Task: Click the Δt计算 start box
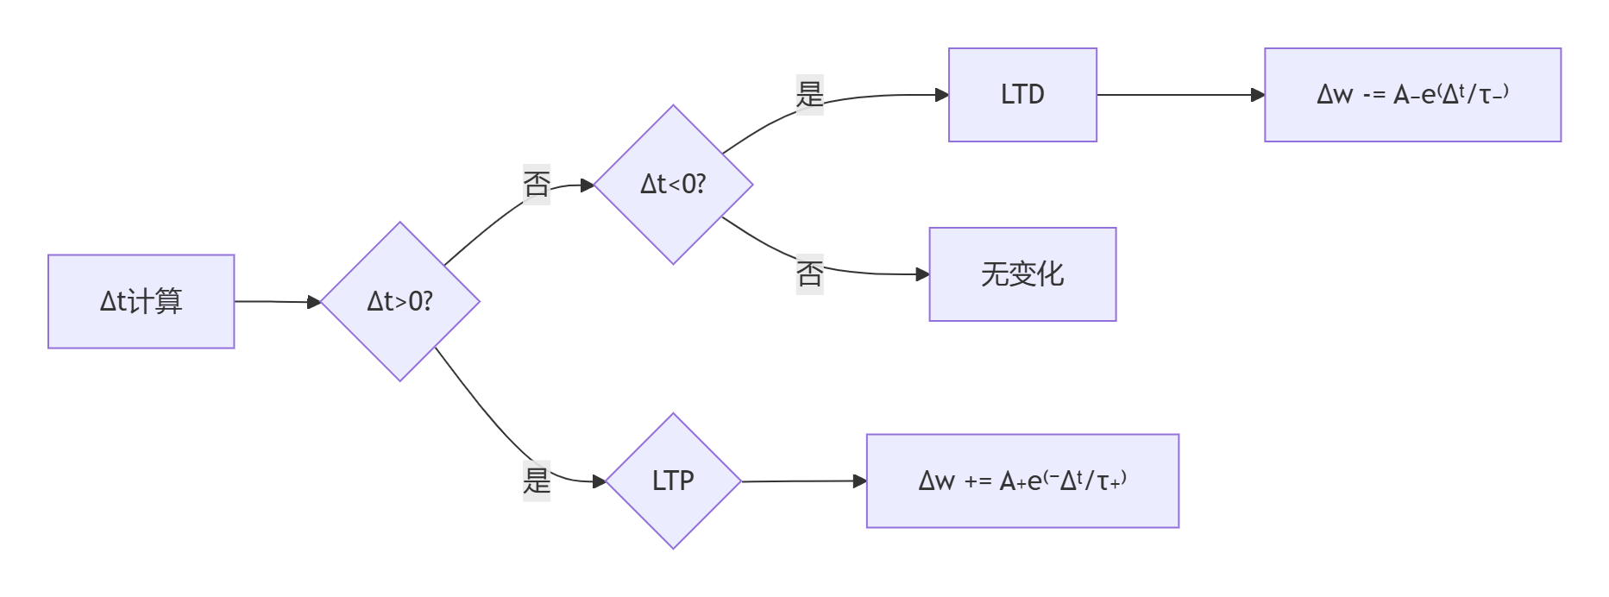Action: click(141, 301)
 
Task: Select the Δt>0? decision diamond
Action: click(399, 301)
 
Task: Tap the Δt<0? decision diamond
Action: click(673, 184)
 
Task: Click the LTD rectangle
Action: click(1022, 94)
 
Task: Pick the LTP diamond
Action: click(673, 481)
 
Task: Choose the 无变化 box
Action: click(1022, 274)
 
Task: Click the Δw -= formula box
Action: click(1412, 94)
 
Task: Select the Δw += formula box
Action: click(1022, 481)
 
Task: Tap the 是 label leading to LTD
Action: click(809, 94)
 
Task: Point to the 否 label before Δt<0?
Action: click(536, 184)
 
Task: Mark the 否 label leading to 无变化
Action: click(809, 274)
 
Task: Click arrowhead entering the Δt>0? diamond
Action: click(314, 302)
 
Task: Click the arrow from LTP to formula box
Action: click(802, 481)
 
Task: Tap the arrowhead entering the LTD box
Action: click(942, 95)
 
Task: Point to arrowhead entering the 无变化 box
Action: click(922, 274)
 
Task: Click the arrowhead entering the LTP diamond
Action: click(600, 481)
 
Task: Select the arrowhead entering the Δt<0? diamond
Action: click(588, 185)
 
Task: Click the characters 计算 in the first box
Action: click(156, 301)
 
